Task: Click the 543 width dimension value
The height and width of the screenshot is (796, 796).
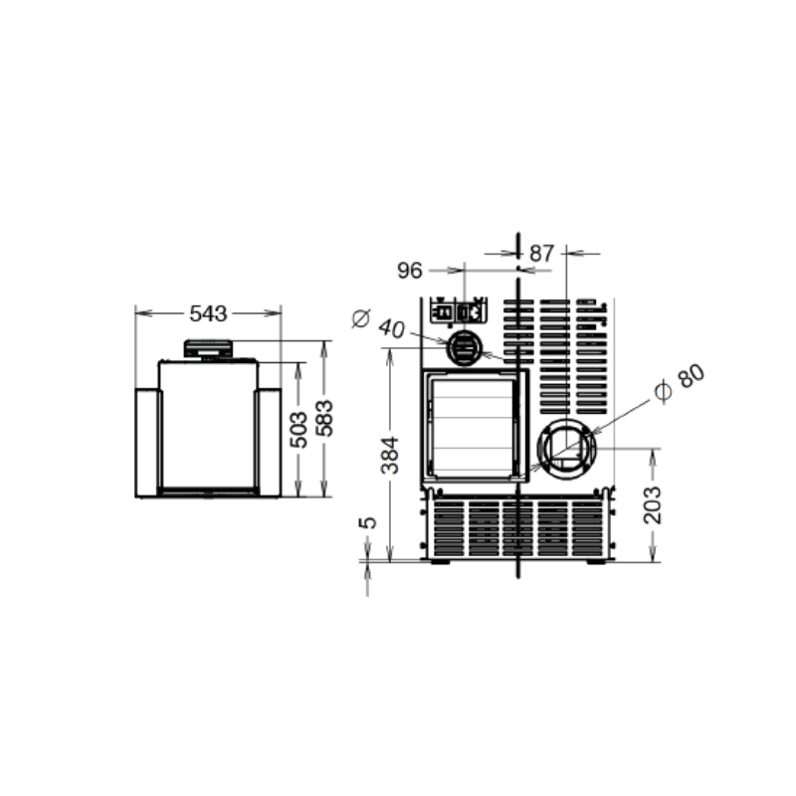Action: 208,313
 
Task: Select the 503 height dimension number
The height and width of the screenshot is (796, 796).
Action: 298,430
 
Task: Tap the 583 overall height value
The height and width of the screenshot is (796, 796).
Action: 324,418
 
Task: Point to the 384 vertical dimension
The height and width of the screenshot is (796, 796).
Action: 390,455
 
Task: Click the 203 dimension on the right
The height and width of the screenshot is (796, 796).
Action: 653,505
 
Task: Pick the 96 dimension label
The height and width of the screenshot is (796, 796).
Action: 410,271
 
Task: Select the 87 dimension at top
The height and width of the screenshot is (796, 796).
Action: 541,254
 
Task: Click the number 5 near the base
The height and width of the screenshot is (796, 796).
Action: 367,523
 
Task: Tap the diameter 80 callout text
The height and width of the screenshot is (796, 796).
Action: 681,384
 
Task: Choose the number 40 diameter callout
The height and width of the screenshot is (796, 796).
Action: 391,328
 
